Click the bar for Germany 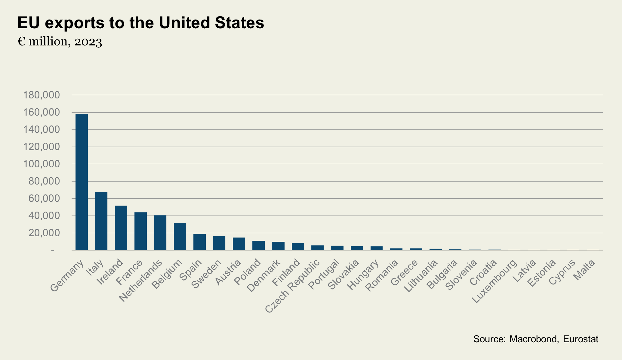click(82, 182)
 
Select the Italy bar click(101, 221)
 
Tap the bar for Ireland click(121, 228)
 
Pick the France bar click(140, 231)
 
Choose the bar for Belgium click(180, 237)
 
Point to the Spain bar click(199, 242)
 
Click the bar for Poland click(258, 246)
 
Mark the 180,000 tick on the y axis click(42, 95)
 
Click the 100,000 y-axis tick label click(42, 164)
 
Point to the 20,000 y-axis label click(44, 233)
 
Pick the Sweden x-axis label click(206, 274)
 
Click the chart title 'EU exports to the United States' click(140, 23)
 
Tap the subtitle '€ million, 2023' click(60, 42)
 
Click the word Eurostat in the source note click(580, 339)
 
